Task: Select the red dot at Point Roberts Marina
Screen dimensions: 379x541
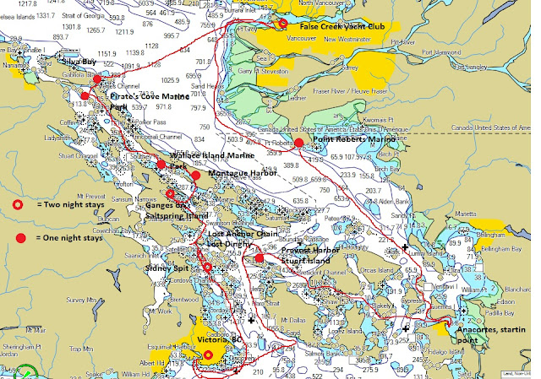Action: click(298, 143)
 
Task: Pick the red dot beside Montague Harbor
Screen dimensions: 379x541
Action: click(195, 175)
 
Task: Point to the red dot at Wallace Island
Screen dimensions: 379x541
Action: click(161, 164)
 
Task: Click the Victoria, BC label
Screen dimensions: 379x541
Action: click(220, 339)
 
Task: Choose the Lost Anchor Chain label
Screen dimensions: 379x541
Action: click(245, 234)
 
